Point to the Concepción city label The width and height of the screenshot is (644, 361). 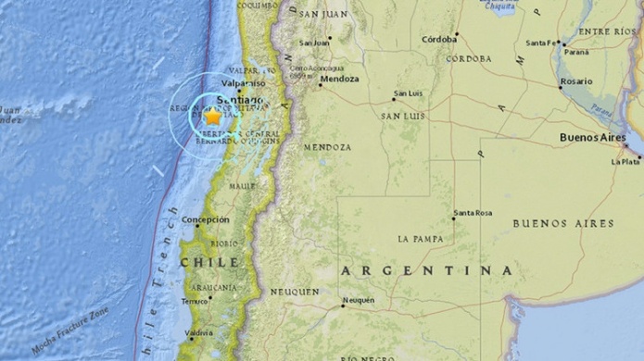coord(206,220)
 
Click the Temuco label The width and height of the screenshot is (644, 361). coord(195,302)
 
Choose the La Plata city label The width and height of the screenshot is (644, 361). coord(626,161)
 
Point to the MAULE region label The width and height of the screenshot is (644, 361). coord(242,186)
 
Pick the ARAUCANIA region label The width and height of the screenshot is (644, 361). coord(214,288)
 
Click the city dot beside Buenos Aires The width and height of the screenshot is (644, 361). coord(626,146)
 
